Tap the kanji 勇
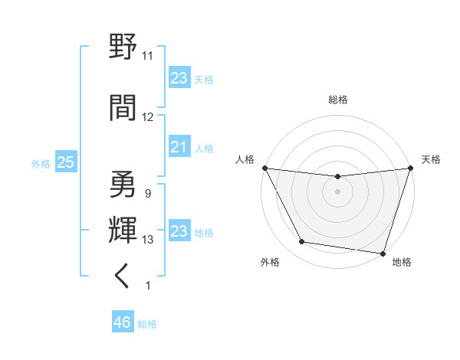point(123,184)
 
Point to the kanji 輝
point(123,229)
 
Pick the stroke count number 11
point(148,56)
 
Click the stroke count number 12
point(148,116)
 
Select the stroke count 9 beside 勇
point(147,194)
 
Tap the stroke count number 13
point(148,240)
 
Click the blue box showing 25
point(65,162)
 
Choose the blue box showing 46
point(122,322)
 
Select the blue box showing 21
point(179,147)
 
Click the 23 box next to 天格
point(179,78)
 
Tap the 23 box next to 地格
point(179,231)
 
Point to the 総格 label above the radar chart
point(337,100)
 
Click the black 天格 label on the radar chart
point(432,159)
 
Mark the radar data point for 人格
point(264,168)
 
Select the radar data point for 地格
point(382,253)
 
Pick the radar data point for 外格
point(302,242)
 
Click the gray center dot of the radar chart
point(337,191)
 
